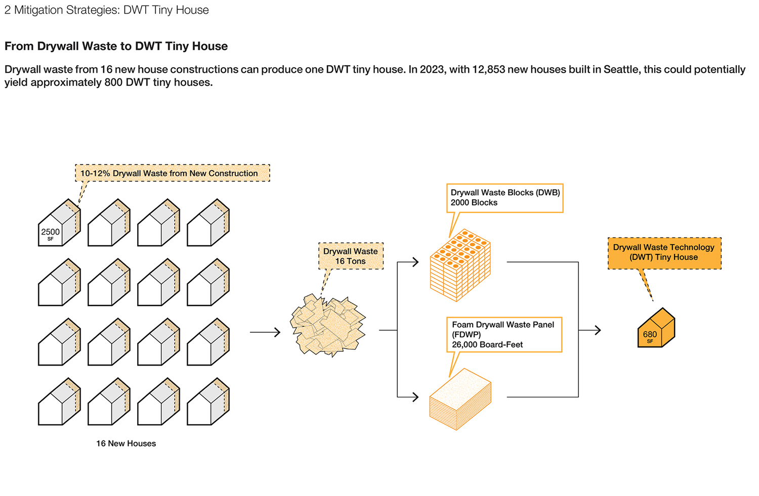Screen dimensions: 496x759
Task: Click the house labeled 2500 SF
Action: click(59, 224)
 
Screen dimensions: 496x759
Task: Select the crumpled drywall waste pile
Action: click(328, 325)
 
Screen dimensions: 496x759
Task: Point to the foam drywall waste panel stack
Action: click(460, 399)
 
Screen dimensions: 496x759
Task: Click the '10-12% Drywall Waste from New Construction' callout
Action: click(172, 173)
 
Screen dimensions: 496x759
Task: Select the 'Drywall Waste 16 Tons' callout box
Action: click(351, 256)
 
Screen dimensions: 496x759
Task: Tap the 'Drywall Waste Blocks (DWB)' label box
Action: click(504, 198)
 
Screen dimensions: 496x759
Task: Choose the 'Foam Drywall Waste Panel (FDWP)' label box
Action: click(503, 334)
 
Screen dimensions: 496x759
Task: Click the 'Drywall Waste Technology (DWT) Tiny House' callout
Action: click(664, 252)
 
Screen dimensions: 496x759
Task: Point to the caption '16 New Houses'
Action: click(126, 443)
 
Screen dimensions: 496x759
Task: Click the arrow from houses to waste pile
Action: click(265, 332)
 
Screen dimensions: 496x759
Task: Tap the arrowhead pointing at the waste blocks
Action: click(415, 262)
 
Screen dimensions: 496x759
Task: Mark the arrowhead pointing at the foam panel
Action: click(415, 397)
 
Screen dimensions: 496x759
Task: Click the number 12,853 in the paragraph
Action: click(488, 69)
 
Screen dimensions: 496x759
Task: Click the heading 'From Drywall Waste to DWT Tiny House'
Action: click(116, 46)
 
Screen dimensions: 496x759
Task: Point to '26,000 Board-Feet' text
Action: click(487, 344)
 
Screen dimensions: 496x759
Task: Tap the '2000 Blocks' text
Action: click(474, 203)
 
